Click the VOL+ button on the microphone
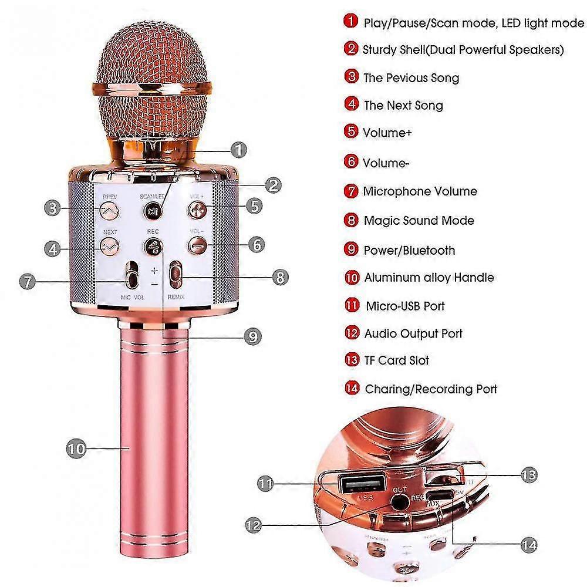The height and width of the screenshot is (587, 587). (197, 208)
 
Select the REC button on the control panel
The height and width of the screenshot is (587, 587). (153, 246)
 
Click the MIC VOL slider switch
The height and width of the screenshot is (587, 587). (133, 275)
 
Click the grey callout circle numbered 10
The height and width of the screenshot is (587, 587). (76, 449)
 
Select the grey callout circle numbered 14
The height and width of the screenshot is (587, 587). (528, 545)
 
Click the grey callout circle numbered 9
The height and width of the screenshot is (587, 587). (252, 336)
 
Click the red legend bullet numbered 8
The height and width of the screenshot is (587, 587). (351, 220)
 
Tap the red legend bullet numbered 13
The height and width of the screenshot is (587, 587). (352, 360)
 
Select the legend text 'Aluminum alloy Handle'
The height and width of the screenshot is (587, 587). (429, 278)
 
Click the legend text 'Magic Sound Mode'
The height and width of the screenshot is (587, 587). (419, 221)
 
